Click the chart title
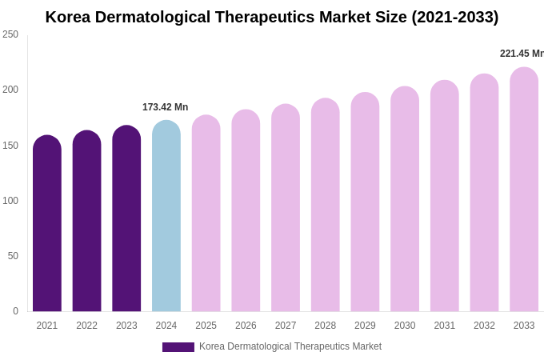pos(272,17)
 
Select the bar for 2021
pos(47,224)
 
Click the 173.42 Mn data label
pos(166,107)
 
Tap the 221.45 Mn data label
pos(522,54)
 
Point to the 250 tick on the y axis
pos(10,34)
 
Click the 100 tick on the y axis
pos(10,201)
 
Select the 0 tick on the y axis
pos(15,311)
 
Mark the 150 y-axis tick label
pos(10,146)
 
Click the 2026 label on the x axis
pos(246,326)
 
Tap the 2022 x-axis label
pos(86,326)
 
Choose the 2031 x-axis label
pos(445,326)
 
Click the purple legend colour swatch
pos(178,347)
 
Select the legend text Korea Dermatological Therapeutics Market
pos(290,346)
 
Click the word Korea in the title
pos(67,17)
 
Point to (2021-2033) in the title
pos(454,17)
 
